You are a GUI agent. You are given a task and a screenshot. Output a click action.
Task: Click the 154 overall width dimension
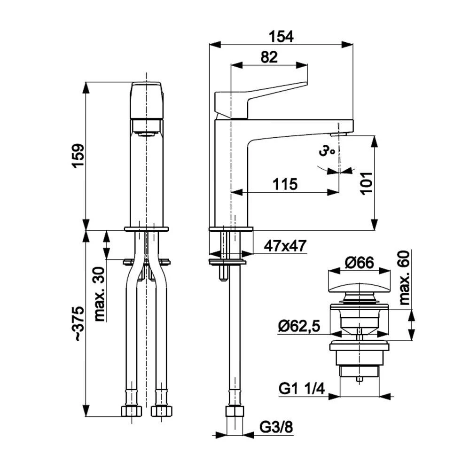(281, 37)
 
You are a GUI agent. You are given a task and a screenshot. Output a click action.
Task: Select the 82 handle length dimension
(269, 57)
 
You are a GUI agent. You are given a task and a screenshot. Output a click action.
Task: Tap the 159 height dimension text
(78, 156)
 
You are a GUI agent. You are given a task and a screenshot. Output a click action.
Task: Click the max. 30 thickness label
(100, 294)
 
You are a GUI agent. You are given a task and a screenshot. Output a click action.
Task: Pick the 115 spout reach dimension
(285, 184)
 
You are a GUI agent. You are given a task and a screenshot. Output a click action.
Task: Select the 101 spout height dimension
(366, 184)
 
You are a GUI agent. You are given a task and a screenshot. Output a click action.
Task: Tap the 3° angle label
(327, 151)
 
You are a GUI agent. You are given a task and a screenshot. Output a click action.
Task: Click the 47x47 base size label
(285, 246)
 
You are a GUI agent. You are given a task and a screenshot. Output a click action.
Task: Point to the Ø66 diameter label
(359, 263)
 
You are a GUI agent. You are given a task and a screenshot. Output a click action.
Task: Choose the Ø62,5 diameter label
(299, 326)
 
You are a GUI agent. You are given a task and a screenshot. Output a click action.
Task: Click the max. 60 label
(405, 278)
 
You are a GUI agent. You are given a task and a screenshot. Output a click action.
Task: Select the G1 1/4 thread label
(302, 389)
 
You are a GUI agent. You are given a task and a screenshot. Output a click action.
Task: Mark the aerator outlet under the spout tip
(339, 134)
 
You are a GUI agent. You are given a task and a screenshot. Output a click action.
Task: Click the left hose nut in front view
(131, 411)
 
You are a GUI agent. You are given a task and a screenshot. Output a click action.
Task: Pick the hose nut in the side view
(234, 411)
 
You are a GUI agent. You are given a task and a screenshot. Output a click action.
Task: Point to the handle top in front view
(147, 101)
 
